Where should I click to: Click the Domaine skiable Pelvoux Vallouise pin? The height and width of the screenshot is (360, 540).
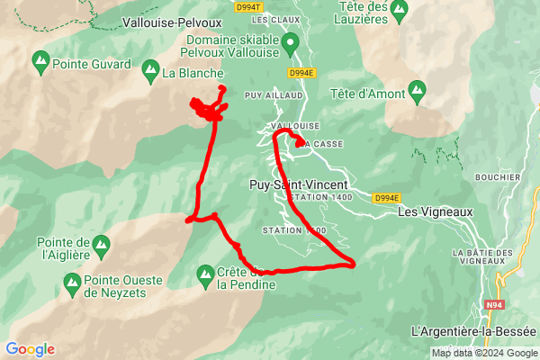point(290,42)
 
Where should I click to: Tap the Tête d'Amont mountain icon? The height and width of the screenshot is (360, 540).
point(416,89)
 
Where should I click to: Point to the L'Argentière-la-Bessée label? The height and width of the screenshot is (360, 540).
point(472,332)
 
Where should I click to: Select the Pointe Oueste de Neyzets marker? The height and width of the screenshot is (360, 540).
point(71,286)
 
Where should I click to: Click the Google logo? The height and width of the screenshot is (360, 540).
point(30,349)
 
